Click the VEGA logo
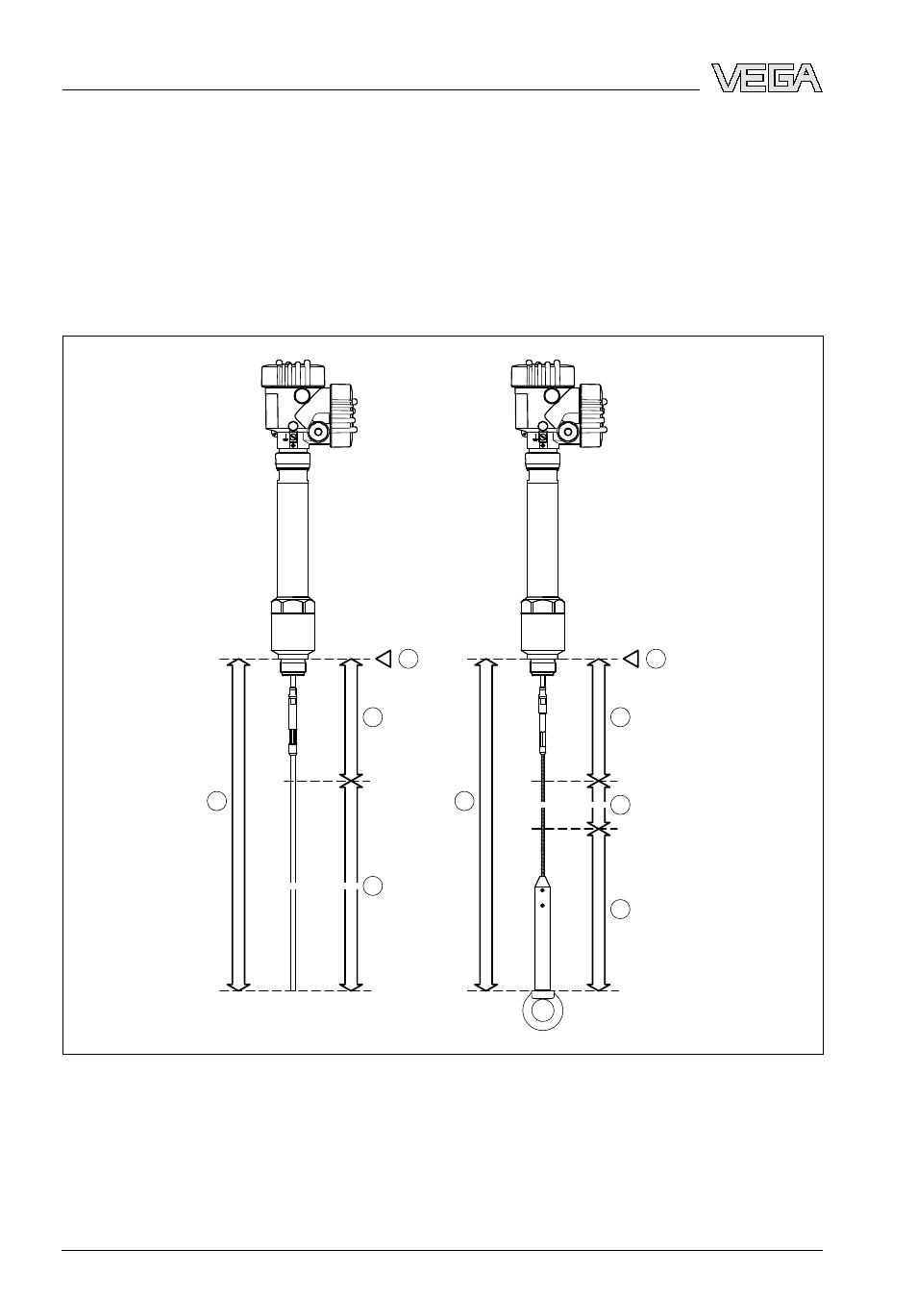coord(766,78)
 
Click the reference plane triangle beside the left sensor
coord(384,659)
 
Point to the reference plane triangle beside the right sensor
coord(632,659)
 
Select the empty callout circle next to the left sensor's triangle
coord(409,659)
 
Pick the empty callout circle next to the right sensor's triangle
coord(657,659)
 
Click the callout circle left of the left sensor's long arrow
coord(217,801)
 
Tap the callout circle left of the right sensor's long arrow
coord(464,801)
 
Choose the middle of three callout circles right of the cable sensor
coord(620,805)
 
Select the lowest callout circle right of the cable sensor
coord(620,909)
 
